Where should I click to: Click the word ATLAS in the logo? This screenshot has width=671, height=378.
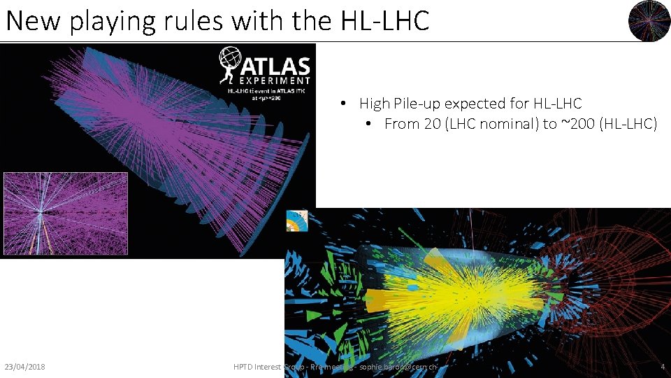pos(275,66)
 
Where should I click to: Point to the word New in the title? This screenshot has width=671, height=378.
pos(33,21)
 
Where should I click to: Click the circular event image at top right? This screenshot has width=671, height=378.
pos(649,21)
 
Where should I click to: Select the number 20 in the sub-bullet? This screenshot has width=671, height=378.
pos(431,125)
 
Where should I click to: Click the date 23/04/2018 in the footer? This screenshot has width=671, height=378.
pos(24,367)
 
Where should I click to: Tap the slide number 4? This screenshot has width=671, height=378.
pos(663,367)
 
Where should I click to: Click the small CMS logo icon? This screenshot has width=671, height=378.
pos(297,221)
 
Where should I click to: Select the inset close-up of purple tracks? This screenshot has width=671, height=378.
pos(65,214)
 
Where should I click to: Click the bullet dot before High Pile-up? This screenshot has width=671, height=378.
pos(345,104)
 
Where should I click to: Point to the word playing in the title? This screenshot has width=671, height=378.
pos(117,21)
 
